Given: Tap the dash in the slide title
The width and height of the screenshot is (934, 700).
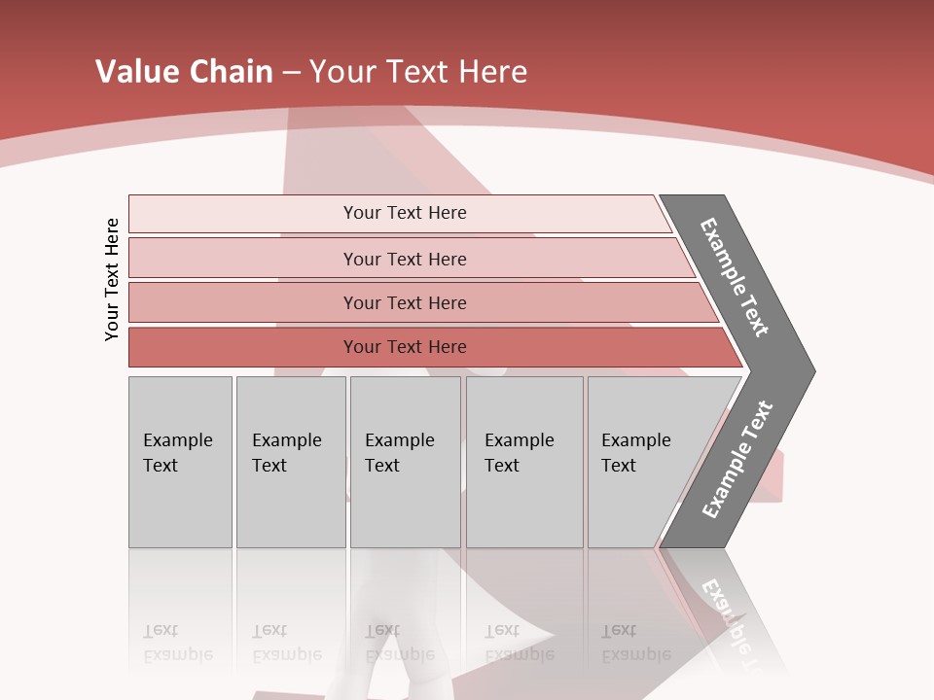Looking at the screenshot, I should pos(291,73).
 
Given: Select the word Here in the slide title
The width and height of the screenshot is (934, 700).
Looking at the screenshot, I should pos(492,72).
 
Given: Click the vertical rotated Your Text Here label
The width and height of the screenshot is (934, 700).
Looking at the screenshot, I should pos(112,279).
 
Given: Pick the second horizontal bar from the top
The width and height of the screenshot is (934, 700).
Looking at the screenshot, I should pos(405,259).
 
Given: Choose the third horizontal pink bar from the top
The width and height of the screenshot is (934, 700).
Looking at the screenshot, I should pos(405,302).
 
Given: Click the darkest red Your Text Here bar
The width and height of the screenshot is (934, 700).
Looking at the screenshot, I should pos(405,347).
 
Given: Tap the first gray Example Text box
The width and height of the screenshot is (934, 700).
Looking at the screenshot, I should pos(180,462).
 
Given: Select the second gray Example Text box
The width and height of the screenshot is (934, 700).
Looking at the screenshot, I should pos(290,462).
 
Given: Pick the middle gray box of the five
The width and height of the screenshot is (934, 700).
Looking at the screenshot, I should pos(405,462).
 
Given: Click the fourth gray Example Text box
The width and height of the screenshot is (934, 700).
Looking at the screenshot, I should pos(524,462).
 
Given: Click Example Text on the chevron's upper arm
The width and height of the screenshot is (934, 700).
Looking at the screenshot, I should pos(735,277).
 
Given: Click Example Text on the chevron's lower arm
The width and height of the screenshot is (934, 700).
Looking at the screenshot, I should pos(736,460).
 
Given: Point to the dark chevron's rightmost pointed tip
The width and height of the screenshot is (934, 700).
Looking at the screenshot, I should pos(812,371).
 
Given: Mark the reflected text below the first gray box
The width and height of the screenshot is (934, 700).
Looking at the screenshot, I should pos(177,644).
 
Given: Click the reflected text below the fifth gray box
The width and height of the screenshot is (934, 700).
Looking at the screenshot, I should pos(635,644).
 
